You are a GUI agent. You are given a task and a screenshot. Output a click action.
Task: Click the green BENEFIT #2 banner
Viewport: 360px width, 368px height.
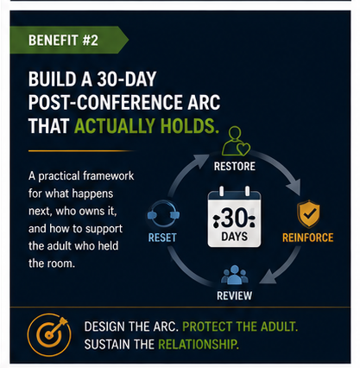tap(68, 40)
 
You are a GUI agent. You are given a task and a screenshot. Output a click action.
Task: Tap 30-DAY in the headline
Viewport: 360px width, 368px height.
tap(127, 79)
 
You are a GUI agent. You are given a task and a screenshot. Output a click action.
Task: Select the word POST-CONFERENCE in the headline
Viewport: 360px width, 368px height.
tap(105, 102)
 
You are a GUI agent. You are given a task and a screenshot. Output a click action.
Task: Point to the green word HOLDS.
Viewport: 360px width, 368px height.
tap(188, 126)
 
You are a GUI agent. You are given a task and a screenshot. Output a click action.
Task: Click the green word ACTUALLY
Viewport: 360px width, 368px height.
tap(115, 126)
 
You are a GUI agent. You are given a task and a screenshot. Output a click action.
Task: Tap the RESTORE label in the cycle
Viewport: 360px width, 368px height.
tap(235, 167)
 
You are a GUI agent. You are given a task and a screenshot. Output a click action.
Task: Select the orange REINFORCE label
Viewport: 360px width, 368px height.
tap(307, 238)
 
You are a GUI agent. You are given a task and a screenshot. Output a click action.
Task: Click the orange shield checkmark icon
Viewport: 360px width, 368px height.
tap(308, 213)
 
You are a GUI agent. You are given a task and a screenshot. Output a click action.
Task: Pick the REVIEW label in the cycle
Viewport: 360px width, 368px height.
tap(234, 295)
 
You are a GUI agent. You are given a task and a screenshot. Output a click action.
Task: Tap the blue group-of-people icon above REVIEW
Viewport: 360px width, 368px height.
tap(235, 275)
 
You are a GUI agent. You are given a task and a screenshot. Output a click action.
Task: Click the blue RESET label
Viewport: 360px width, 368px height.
tap(162, 238)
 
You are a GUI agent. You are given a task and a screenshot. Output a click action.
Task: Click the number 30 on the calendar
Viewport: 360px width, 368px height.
tap(234, 218)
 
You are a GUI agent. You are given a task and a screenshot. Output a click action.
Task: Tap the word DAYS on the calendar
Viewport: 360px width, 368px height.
tap(234, 237)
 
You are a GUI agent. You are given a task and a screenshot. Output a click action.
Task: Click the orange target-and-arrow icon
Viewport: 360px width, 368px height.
tap(49, 335)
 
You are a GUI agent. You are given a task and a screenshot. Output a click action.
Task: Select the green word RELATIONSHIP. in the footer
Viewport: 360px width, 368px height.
tap(199, 345)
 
